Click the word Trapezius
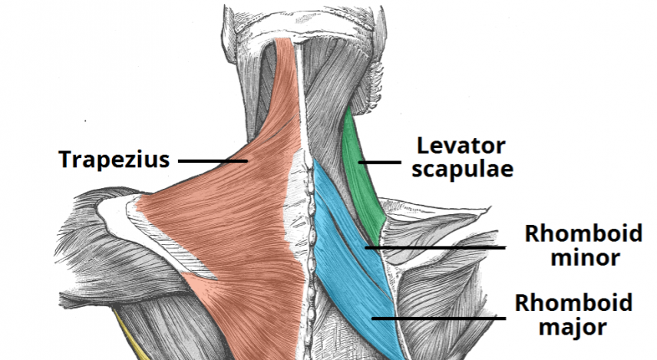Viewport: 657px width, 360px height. (114, 160)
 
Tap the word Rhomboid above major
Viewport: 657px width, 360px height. (574, 302)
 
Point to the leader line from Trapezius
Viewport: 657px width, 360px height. (212, 161)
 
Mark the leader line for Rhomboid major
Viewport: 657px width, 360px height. (437, 315)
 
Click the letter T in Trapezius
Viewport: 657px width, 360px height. (64, 160)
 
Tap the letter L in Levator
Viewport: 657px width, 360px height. (422, 144)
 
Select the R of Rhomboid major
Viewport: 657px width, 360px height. (523, 302)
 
